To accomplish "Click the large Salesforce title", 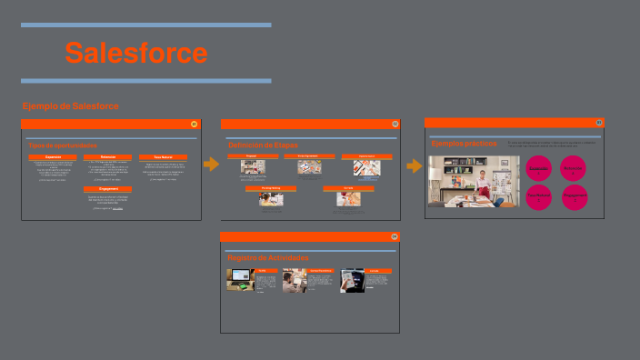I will click(x=136, y=53).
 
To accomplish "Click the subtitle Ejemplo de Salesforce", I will click(x=70, y=106).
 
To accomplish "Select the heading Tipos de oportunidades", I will click(x=63, y=145).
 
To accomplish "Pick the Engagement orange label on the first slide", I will click(x=108, y=189).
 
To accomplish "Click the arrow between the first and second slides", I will click(x=212, y=165).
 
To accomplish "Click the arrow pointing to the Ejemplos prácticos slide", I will click(x=414, y=166).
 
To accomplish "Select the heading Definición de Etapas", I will click(x=263, y=145).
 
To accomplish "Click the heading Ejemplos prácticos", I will click(x=465, y=144).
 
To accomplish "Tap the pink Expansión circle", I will click(x=539, y=168).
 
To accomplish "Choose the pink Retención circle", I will click(x=574, y=168).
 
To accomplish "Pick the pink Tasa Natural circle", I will click(x=539, y=197).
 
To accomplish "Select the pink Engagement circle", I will click(x=574, y=197).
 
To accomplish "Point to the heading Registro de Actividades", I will click(x=268, y=258).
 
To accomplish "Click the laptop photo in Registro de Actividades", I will click(x=240, y=280).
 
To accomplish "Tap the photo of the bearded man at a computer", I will click(x=294, y=280).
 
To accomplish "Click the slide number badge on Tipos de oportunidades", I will click(x=194, y=124).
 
